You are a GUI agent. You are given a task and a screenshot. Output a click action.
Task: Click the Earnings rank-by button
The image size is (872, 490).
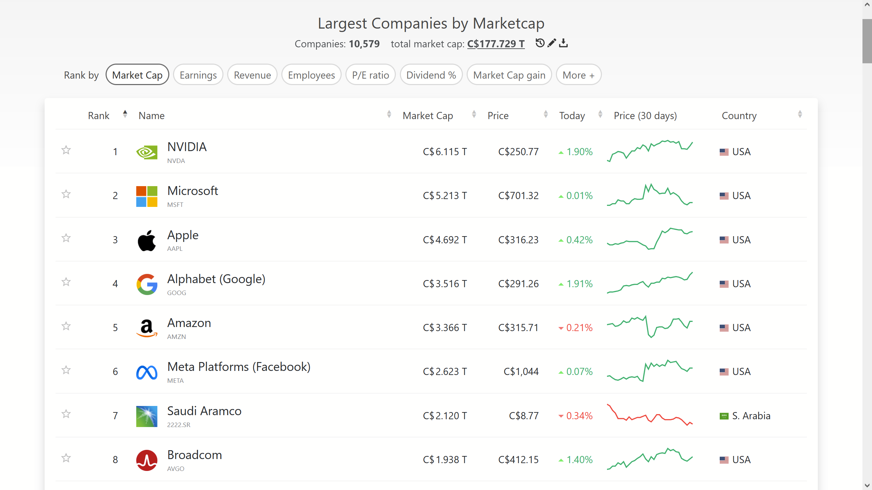point(198,75)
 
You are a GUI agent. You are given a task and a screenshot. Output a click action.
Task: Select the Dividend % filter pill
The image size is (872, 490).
point(431,75)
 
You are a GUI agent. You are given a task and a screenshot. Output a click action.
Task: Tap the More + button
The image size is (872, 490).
point(578,75)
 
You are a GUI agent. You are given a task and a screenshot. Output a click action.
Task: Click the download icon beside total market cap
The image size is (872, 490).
point(563,43)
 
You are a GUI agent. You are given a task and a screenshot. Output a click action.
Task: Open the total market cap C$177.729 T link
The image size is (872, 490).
point(496,44)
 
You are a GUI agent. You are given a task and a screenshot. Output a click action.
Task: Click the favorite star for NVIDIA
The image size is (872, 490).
point(66,150)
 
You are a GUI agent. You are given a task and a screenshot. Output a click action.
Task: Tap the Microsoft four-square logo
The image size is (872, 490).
point(147,196)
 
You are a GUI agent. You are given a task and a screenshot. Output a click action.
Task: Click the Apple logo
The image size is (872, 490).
point(147,240)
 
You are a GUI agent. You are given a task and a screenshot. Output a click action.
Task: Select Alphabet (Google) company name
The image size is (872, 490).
point(216,279)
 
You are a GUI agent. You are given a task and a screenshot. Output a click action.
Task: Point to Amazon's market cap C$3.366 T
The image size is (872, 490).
point(445,328)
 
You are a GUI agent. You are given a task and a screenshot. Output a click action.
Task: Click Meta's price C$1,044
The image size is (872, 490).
point(521,372)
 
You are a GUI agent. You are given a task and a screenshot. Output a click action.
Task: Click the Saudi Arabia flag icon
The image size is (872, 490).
point(724,416)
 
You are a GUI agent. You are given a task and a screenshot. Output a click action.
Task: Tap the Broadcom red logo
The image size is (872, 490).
point(147,460)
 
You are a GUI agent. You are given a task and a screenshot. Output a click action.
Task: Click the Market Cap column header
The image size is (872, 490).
point(428,116)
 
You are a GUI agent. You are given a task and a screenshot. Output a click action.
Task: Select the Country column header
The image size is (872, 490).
point(739,116)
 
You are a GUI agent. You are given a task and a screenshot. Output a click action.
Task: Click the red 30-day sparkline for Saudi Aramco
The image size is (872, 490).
point(650,415)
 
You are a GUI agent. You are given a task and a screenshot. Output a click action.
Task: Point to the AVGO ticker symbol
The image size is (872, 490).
point(175,469)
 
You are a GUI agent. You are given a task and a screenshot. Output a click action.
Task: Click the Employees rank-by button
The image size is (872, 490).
point(311,75)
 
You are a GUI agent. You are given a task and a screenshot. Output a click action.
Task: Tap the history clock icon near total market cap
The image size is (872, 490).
point(540,43)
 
